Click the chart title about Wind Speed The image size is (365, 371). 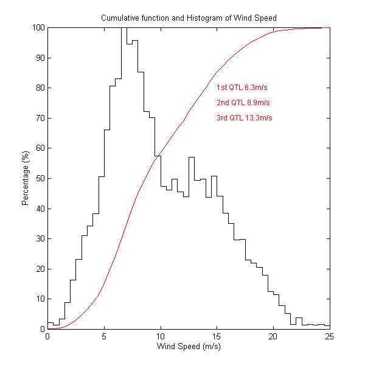tap(189, 18)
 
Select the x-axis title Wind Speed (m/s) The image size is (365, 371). tap(189, 347)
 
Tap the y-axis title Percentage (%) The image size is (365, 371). tap(26, 178)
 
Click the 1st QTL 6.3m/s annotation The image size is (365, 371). tap(242, 88)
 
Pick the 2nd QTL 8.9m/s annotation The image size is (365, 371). tap(243, 103)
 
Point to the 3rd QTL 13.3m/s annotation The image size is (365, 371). tap(244, 118)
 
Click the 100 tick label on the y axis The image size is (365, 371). tap(36, 28)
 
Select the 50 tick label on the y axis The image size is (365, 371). tap(39, 178)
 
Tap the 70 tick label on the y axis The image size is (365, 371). tap(39, 118)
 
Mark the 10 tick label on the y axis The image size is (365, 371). tap(39, 299)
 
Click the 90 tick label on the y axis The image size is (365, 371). tap(39, 58)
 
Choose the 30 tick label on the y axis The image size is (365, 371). tap(39, 238)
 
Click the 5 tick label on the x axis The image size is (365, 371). tap(104, 337)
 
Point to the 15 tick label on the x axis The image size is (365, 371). tap(217, 337)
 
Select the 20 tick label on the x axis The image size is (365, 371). tap(273, 337)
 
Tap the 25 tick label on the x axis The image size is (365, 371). tap(329, 337)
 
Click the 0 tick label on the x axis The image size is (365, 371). tap(47, 337)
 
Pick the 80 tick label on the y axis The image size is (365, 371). tap(39, 88)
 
